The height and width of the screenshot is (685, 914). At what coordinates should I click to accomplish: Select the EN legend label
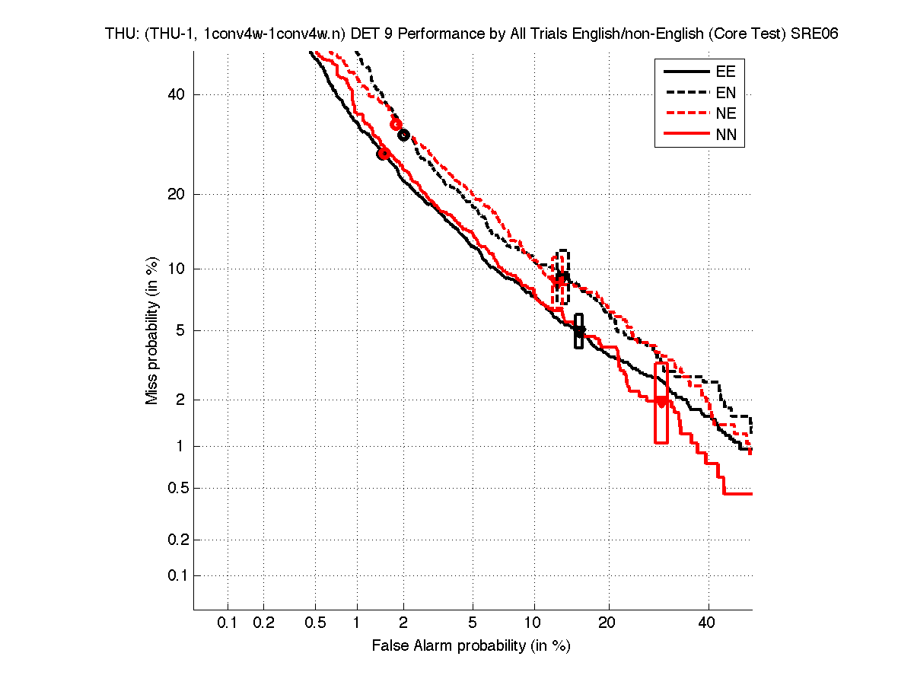click(725, 93)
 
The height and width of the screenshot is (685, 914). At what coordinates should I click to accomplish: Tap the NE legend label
click(725, 114)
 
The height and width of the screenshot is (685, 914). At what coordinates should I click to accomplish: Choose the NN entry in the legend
click(725, 135)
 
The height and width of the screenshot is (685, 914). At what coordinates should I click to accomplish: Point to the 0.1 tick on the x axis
click(228, 623)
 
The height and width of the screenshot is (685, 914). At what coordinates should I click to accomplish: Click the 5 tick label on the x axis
click(473, 623)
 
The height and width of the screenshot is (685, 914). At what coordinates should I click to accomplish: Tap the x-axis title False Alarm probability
click(471, 646)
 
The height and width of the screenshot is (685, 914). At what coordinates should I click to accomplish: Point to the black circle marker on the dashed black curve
click(404, 135)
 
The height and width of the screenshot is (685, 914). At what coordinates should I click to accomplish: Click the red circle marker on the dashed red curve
click(396, 124)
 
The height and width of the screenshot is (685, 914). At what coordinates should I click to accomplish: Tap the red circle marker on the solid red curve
click(384, 154)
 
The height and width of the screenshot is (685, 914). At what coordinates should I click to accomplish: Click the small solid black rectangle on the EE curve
click(579, 331)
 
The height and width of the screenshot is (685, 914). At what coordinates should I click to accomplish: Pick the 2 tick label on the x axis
click(403, 623)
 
